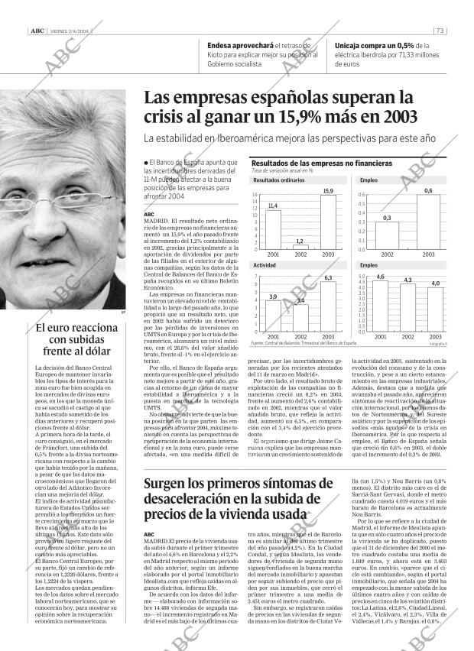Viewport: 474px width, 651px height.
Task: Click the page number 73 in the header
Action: [x=440, y=31]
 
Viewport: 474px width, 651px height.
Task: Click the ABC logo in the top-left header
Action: [x=35, y=31]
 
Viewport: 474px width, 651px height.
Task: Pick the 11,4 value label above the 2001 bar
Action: [x=272, y=206]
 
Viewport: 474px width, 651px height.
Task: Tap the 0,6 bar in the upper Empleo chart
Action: [x=428, y=222]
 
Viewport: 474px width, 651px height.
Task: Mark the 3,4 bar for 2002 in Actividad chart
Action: [x=300, y=317]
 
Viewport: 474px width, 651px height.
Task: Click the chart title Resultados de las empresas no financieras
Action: [x=321, y=164]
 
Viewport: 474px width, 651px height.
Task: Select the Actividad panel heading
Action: [x=265, y=264]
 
